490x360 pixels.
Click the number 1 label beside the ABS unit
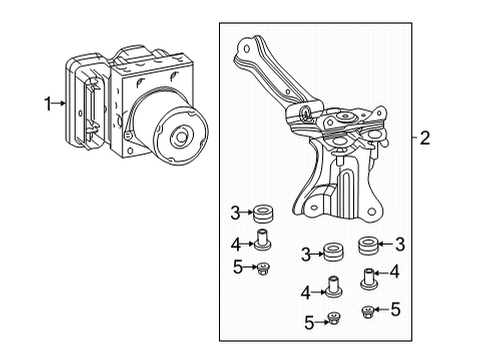tap(47, 102)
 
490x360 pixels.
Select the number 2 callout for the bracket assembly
tap(425, 139)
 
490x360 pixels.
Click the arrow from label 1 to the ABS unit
tap(61, 102)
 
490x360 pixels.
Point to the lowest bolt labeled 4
tap(331, 289)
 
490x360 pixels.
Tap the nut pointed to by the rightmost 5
tap(368, 311)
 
